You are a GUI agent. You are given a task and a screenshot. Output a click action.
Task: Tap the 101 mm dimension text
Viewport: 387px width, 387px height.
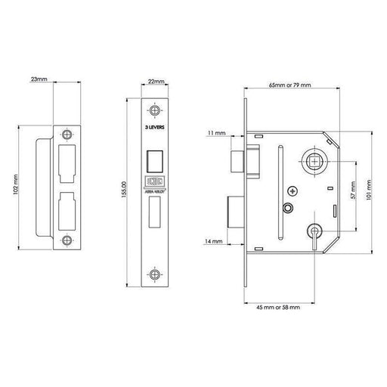(x=367, y=188)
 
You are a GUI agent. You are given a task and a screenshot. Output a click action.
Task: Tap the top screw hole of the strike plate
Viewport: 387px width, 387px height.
(x=68, y=134)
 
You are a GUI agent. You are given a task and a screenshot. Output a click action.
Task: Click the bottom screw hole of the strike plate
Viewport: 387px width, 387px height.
(x=68, y=242)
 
